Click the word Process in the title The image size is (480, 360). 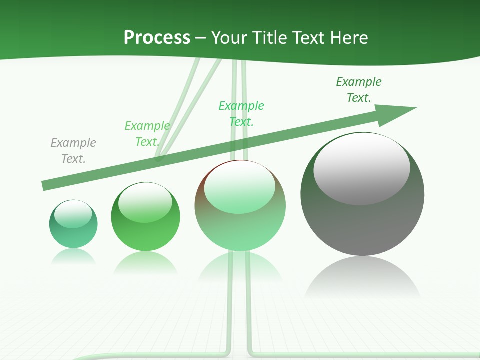(x=157, y=38)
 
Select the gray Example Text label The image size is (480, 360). (x=73, y=151)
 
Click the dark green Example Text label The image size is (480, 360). (x=359, y=90)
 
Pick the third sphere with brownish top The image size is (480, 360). (x=240, y=227)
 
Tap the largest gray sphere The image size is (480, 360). (x=362, y=225)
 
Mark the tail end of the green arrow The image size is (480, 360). (x=46, y=185)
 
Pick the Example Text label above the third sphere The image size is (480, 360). (x=241, y=113)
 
